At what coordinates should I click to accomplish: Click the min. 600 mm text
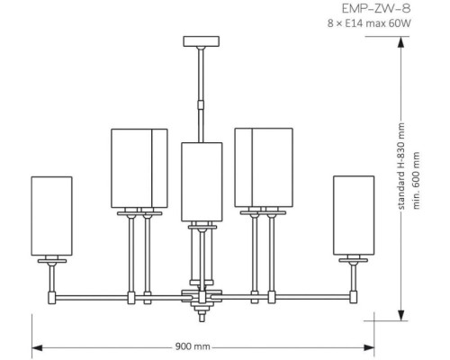pyautogui.click(x=417, y=178)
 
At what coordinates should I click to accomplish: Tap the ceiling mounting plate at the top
pyautogui.click(x=201, y=40)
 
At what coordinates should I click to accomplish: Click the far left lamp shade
pyautogui.click(x=50, y=214)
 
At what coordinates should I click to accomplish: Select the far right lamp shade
pyautogui.click(x=353, y=214)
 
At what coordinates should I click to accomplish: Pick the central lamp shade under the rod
pyautogui.click(x=202, y=180)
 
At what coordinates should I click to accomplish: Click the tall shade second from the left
pyautogui.click(x=139, y=168)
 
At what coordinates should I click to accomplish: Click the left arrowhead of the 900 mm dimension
pyautogui.click(x=36, y=346)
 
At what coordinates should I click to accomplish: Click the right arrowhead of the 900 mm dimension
pyautogui.click(x=368, y=346)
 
